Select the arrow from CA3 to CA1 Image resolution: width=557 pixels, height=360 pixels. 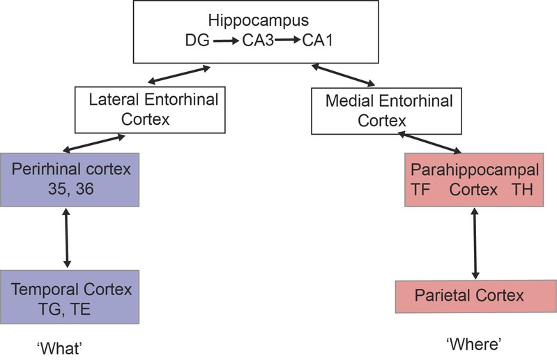[x=287, y=41]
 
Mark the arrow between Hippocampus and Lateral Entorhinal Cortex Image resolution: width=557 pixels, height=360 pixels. [x=178, y=77]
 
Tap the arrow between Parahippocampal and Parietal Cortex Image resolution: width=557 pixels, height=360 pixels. [x=475, y=244]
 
